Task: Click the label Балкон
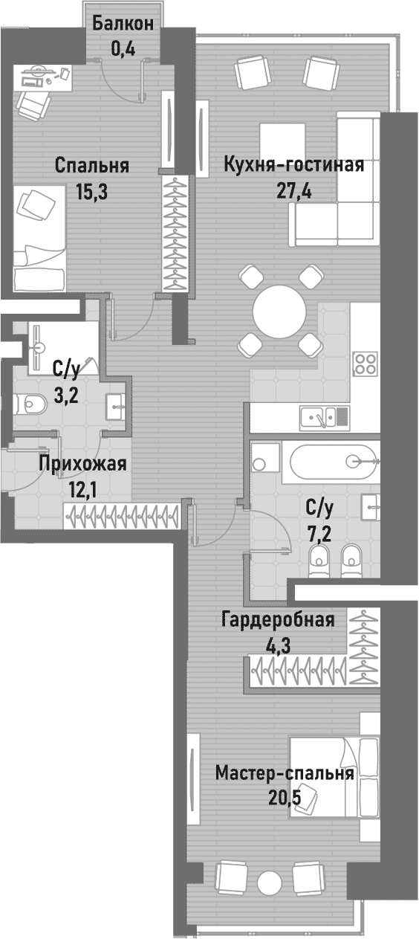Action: point(123,23)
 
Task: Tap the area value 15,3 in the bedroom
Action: point(92,192)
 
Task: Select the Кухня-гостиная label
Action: point(294,164)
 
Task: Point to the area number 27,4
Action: point(294,191)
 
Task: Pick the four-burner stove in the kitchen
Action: point(365,364)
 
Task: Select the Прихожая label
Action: point(82,465)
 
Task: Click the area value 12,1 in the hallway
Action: point(82,490)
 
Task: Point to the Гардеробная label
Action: point(278,619)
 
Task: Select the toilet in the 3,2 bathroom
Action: point(31,403)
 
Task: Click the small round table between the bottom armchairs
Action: point(269,882)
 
